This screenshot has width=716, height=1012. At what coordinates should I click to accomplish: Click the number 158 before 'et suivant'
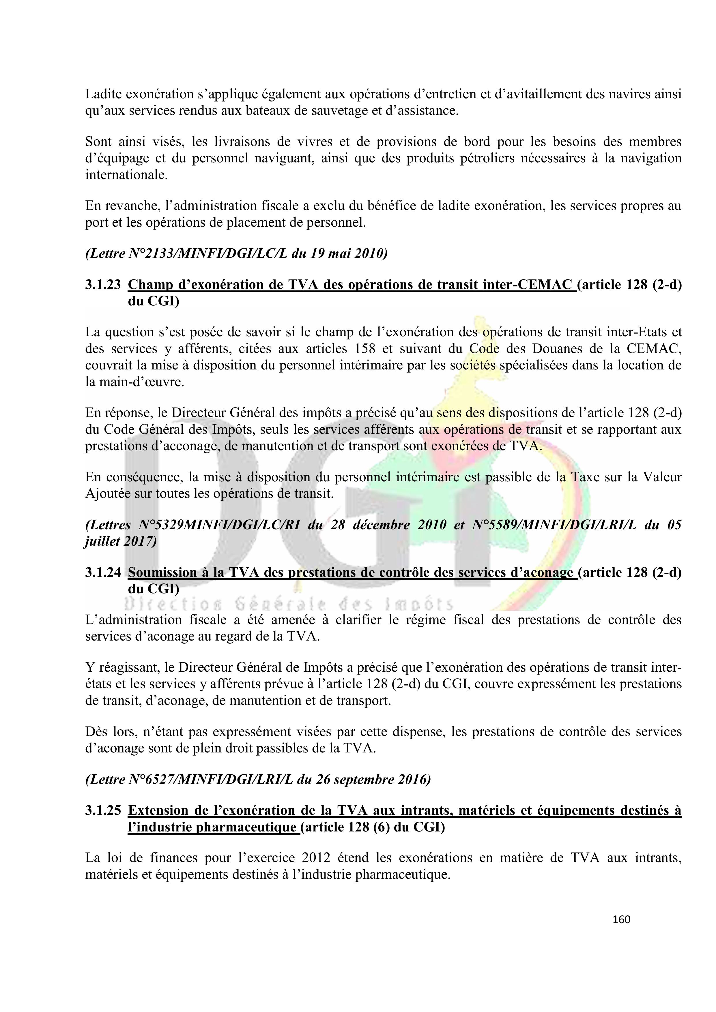tap(365, 349)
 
